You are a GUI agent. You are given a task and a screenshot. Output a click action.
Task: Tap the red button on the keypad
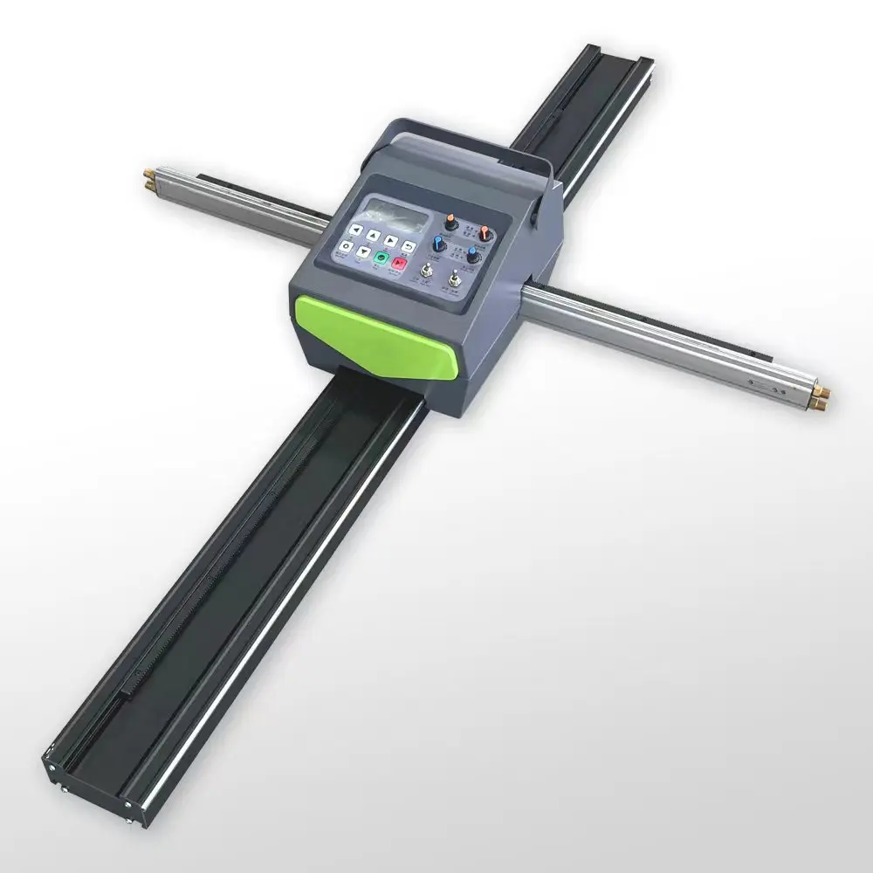coord(399,263)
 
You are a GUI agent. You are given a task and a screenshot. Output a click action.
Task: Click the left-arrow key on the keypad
coord(355,230)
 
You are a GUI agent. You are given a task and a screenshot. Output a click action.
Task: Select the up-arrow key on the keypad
coord(373,236)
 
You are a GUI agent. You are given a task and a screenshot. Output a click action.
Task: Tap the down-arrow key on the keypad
coord(363,252)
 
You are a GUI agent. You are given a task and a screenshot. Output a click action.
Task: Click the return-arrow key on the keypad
coord(409,247)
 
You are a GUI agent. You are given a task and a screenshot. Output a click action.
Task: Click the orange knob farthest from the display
coord(485,233)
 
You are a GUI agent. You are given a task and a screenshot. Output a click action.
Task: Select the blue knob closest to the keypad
coord(439,244)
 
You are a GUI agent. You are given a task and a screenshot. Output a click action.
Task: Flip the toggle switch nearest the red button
coord(427,270)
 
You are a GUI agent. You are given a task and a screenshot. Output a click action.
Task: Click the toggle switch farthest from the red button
coord(455,278)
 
